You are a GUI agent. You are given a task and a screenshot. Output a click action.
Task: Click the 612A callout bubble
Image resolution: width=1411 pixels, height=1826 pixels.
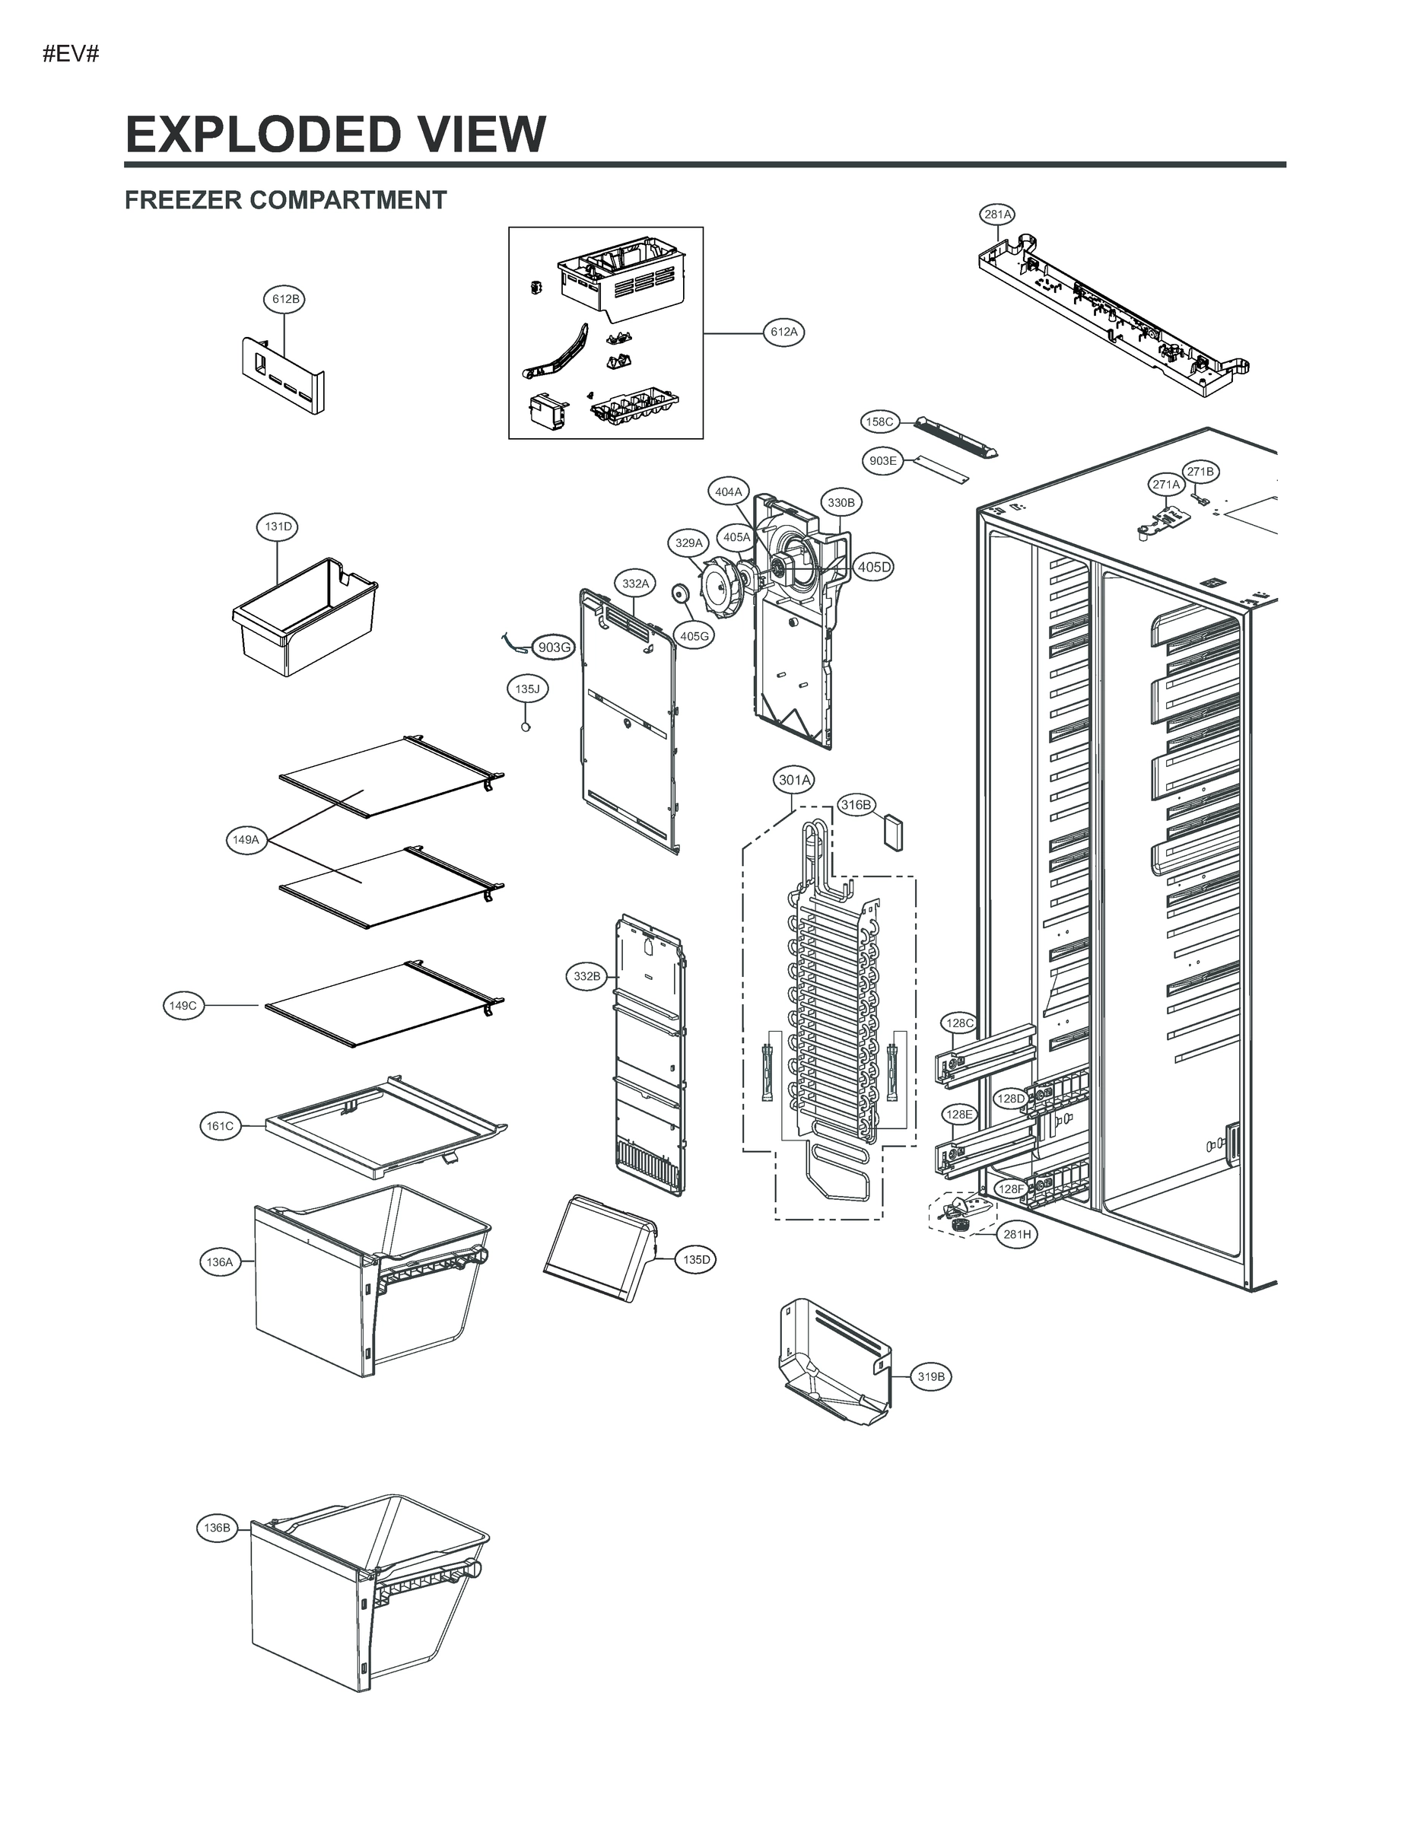pyautogui.click(x=783, y=332)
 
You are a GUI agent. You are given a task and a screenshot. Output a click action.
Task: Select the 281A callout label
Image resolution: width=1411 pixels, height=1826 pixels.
pyautogui.click(x=996, y=214)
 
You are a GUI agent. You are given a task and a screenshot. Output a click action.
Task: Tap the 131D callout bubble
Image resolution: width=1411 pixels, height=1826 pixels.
pyautogui.click(x=278, y=526)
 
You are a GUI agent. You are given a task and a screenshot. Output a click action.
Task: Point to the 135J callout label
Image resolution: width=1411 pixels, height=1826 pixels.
pyautogui.click(x=526, y=689)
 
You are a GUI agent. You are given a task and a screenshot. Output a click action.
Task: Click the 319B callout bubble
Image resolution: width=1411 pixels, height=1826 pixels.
pyautogui.click(x=931, y=1376)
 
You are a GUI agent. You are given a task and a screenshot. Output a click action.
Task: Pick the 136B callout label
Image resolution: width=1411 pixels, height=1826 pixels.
pyautogui.click(x=217, y=1528)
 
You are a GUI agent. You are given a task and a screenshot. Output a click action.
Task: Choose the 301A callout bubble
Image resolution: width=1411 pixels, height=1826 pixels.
pyautogui.click(x=794, y=780)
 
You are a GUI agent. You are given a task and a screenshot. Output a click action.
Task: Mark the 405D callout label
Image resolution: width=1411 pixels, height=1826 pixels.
pyautogui.click(x=873, y=567)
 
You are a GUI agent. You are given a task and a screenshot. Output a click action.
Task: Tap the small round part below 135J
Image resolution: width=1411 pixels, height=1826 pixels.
pyautogui.click(x=526, y=727)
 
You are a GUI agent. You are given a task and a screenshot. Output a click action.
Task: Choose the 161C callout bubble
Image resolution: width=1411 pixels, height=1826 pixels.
pyautogui.click(x=220, y=1126)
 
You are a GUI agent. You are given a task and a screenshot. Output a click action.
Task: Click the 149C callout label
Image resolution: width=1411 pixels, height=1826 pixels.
pyautogui.click(x=183, y=1005)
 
